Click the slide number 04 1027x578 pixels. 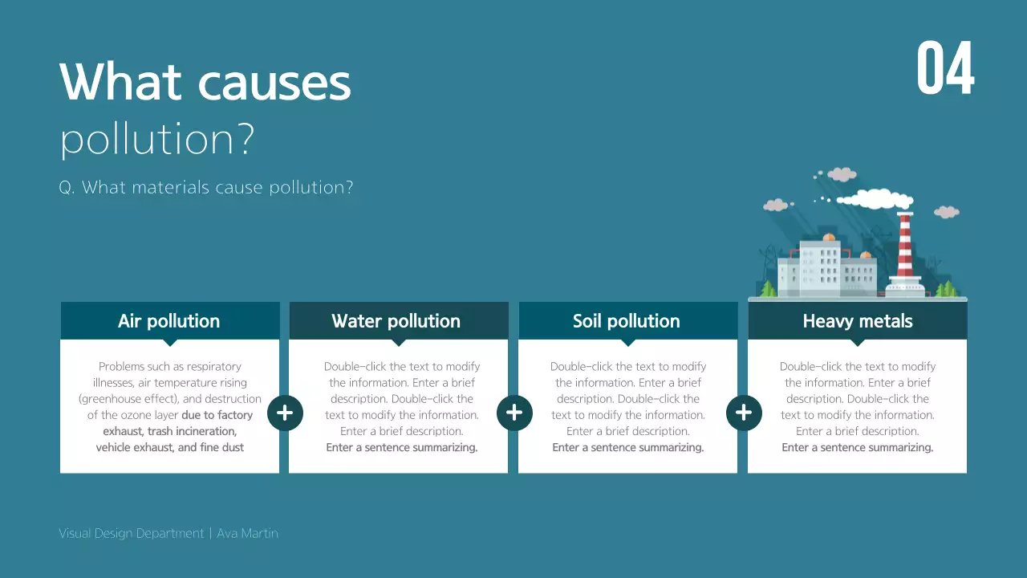(945, 69)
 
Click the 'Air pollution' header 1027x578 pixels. (168, 321)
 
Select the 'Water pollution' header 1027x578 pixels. (396, 321)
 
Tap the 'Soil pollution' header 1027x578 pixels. (626, 321)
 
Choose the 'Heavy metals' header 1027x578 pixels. (857, 321)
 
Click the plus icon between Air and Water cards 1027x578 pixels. (285, 413)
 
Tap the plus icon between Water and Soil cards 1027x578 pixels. (514, 413)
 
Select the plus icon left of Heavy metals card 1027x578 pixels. (744, 413)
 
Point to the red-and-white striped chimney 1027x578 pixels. (905, 245)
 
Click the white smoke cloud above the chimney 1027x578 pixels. (875, 198)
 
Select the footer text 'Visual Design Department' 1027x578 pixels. (132, 533)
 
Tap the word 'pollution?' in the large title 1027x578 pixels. (157, 138)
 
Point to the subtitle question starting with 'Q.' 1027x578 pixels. (206, 188)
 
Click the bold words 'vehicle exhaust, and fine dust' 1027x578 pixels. (169, 447)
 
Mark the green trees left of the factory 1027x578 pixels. (768, 289)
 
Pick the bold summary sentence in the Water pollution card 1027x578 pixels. (401, 447)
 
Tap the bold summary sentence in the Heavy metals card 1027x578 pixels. (857, 447)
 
